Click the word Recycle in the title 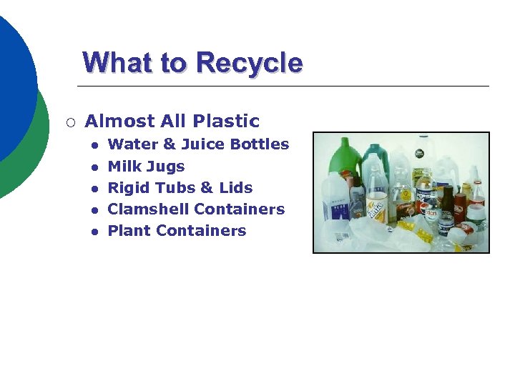[x=248, y=63]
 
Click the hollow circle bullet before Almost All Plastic [x=69, y=122]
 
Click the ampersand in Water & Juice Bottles [x=170, y=144]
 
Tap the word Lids [x=235, y=188]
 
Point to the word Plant [x=129, y=231]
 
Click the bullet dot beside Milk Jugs [x=93, y=167]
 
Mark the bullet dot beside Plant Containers [x=93, y=231]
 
